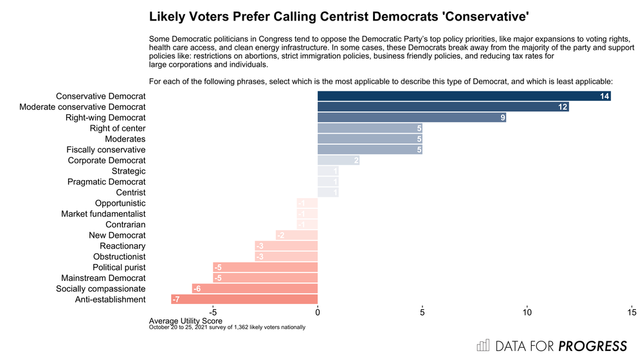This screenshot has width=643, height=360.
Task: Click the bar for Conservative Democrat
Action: point(463,96)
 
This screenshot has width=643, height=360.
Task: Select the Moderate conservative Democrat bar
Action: point(442,107)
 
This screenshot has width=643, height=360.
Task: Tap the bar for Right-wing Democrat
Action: point(412,118)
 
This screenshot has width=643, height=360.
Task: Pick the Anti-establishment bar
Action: point(244,300)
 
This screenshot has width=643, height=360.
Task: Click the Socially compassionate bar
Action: point(255,289)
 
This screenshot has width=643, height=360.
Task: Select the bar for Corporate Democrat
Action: point(338,160)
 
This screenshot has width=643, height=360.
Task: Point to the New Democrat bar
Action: point(296,235)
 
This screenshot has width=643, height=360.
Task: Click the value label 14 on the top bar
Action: point(604,96)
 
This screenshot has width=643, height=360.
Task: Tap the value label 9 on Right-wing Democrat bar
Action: point(503,118)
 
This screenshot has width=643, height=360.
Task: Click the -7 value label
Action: point(176,300)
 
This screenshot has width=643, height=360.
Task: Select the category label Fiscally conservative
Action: point(106,150)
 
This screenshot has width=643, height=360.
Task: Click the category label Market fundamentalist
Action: point(104,213)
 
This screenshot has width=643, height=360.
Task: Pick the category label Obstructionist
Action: point(119,256)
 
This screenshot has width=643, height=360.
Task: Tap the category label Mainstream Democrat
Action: point(104,278)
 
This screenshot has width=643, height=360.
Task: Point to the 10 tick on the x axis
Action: point(527,312)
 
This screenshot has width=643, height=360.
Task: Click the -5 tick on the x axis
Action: point(213,312)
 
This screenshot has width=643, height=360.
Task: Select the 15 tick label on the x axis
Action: point(631,312)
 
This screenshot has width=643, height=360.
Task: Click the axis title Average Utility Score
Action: point(186,321)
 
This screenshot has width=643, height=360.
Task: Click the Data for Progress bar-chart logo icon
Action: point(482,346)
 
